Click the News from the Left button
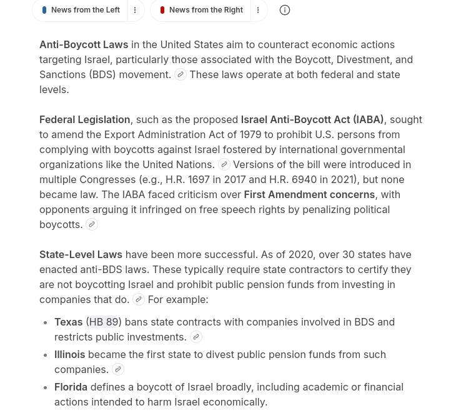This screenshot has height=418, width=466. [81, 10]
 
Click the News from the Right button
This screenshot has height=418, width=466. [202, 10]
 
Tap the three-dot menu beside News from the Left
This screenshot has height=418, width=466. [135, 10]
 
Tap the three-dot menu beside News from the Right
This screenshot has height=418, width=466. [258, 10]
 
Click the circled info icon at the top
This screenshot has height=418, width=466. [285, 10]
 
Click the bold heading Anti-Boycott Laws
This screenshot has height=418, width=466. [84, 44]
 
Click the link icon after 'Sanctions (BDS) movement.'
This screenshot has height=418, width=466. [181, 74]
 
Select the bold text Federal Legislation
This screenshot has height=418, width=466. [84, 119]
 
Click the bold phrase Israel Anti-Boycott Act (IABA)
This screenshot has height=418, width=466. [312, 119]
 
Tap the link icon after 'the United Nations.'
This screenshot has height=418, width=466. [224, 164]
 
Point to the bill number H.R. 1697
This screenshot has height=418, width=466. [187, 179]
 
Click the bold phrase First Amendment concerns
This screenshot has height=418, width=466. [309, 194]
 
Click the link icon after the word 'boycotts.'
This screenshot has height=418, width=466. [92, 224]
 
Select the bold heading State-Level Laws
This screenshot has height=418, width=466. [81, 254]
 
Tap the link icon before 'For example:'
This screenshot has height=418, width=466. [139, 299]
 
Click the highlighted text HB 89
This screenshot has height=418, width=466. [104, 322]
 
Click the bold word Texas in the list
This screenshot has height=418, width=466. [69, 322]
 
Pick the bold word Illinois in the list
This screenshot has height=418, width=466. [70, 354]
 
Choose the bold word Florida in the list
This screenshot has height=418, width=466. [71, 387]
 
